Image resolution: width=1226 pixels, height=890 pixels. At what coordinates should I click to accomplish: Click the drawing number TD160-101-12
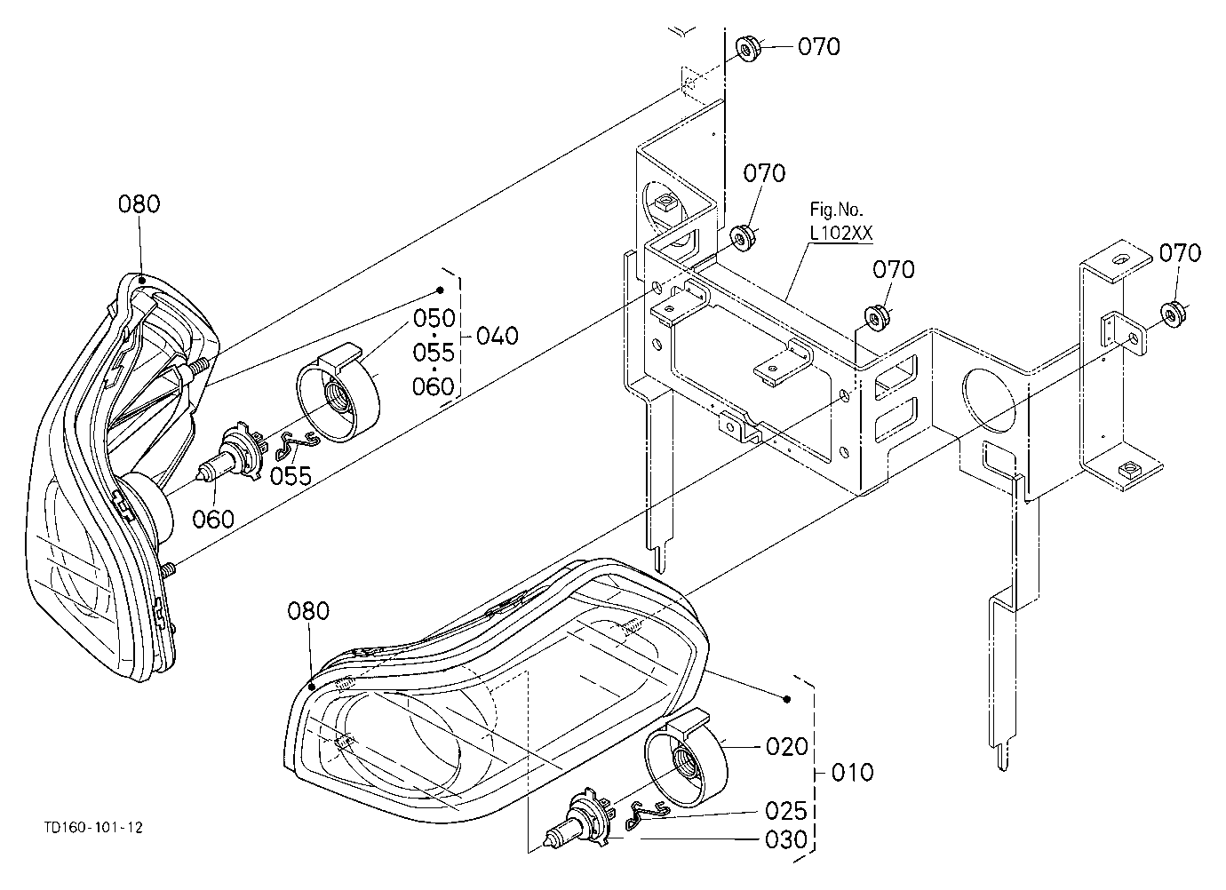[93, 828]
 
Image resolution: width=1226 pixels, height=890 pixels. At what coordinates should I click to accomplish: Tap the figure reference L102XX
[841, 234]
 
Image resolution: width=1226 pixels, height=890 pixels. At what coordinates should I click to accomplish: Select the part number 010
[853, 773]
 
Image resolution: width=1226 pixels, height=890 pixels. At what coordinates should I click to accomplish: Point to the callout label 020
[787, 746]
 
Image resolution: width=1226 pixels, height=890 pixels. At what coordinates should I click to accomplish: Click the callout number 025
[786, 811]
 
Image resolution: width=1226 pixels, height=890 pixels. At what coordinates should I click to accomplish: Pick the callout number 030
[786, 839]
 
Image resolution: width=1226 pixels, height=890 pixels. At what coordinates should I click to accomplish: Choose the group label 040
[498, 336]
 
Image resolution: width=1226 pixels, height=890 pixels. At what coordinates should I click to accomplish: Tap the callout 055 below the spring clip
[291, 476]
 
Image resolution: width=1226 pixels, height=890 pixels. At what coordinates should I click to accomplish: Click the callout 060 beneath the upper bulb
[213, 519]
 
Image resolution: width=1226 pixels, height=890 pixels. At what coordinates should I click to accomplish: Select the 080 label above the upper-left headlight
[139, 204]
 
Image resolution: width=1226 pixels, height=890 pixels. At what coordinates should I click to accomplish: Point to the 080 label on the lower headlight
[308, 611]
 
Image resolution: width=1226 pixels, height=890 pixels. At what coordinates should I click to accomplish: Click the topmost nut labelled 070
[747, 48]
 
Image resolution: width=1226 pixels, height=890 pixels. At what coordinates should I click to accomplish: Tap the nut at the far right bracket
[1173, 314]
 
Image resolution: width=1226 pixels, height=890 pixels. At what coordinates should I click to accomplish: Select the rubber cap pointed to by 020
[687, 758]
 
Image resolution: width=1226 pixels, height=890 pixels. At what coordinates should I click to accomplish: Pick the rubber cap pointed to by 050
[338, 393]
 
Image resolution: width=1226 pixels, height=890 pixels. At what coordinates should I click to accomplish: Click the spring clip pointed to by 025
[648, 811]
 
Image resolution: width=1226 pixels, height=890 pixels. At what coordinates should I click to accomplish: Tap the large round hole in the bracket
[989, 400]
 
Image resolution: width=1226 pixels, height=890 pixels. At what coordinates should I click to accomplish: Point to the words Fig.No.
[836, 209]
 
